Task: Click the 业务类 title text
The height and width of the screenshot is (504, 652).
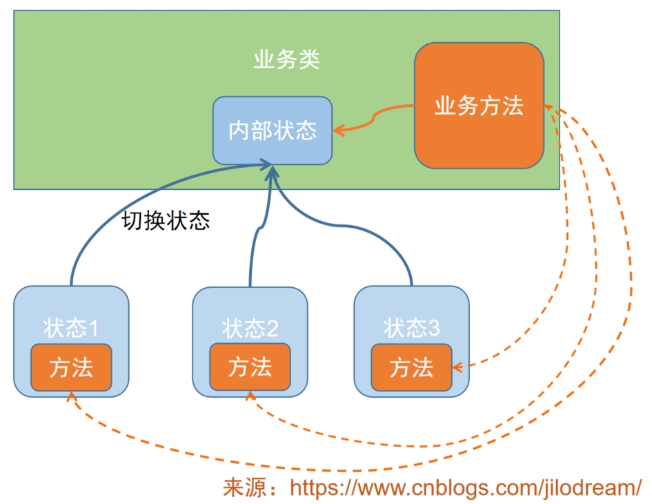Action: [x=286, y=61]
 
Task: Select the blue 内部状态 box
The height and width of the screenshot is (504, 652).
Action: [x=273, y=130]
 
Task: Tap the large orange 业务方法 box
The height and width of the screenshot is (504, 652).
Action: [x=479, y=106]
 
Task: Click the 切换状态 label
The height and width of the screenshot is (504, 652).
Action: [x=166, y=220]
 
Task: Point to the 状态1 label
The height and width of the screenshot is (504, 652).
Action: [x=71, y=327]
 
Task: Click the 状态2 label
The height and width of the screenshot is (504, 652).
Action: [x=250, y=328]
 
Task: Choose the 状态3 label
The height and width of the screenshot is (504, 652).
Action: [x=411, y=327]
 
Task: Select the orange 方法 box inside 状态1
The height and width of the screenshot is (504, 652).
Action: [x=71, y=367]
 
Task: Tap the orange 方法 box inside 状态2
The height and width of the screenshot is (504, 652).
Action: [x=250, y=367]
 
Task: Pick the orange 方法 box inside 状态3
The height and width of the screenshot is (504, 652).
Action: [x=411, y=367]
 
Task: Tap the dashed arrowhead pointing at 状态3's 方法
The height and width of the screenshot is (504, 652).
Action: [x=458, y=367]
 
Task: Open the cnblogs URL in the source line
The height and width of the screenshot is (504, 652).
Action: [x=466, y=487]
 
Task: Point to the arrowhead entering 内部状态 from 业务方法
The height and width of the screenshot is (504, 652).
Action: [x=338, y=129]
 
